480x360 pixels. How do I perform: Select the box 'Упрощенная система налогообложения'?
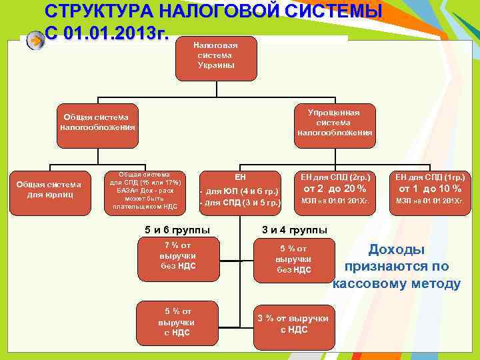click(x=334, y=123)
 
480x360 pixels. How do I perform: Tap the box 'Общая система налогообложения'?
click(x=97, y=123)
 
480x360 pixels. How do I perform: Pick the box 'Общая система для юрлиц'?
click(x=49, y=189)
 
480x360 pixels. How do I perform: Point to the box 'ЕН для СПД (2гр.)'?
click(x=335, y=177)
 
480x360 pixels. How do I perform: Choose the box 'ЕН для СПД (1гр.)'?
click(x=430, y=177)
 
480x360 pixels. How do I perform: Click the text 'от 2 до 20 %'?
click(x=335, y=189)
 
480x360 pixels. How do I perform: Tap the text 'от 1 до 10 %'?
click(x=430, y=189)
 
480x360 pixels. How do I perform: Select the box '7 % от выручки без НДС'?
click(x=178, y=259)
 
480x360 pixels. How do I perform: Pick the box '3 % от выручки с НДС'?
click(x=293, y=323)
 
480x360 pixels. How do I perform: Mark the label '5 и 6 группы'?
click(x=177, y=230)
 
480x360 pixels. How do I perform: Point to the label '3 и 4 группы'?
click(x=294, y=230)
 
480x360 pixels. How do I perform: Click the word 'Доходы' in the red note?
click(x=397, y=249)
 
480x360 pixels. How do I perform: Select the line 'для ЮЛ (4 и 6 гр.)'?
click(x=241, y=192)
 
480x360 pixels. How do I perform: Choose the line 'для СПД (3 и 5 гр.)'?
click(x=241, y=203)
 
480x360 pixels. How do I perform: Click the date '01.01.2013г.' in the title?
click(x=123, y=33)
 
